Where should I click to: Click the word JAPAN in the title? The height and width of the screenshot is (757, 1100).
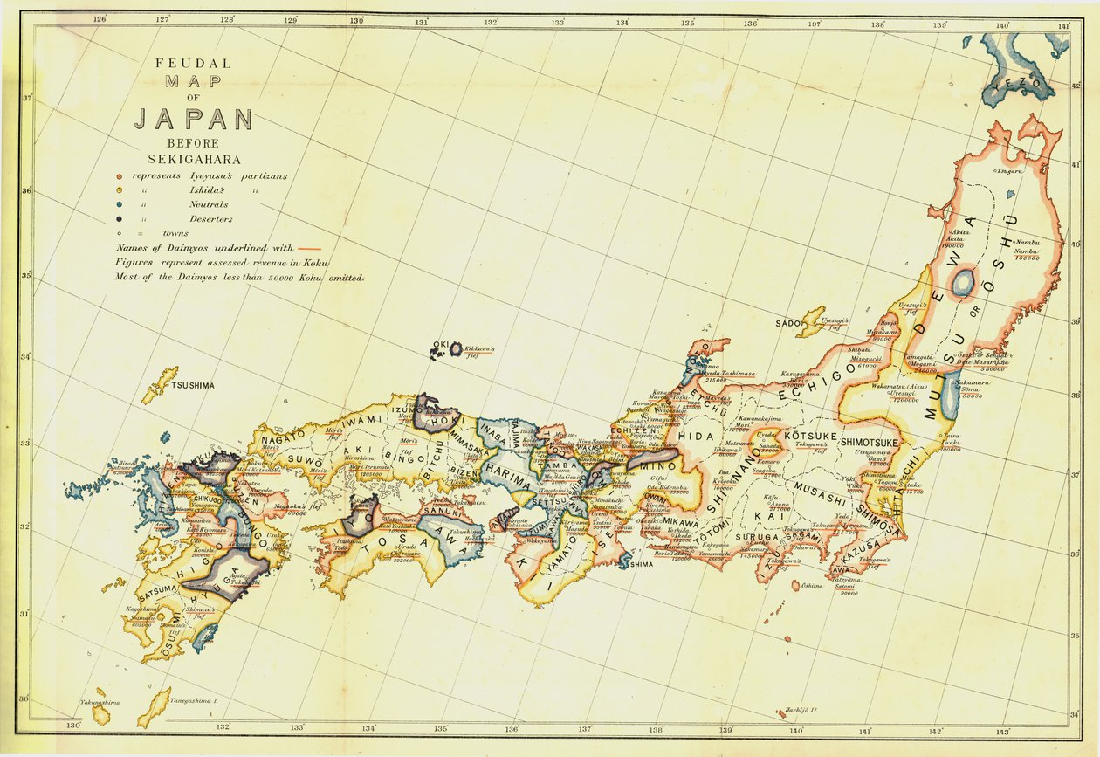[x=193, y=120]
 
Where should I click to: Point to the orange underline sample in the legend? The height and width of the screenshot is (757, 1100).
[x=308, y=249]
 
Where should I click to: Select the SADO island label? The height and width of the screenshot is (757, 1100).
[x=787, y=323]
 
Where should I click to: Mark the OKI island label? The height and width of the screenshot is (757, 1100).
[x=440, y=346]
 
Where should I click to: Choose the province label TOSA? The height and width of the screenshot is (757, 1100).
[x=393, y=542]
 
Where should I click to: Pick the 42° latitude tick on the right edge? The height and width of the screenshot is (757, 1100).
[x=1076, y=85]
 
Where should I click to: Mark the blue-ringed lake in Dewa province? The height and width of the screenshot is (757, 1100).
[x=963, y=283]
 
